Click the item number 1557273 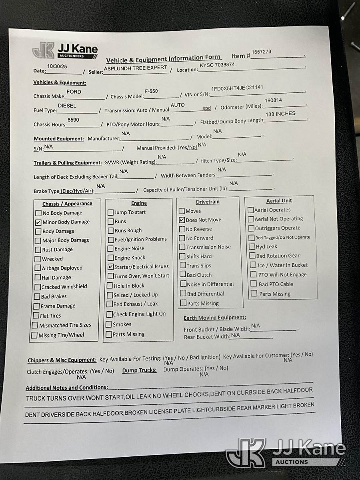262,52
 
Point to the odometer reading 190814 273,100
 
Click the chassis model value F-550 151,91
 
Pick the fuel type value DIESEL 67,106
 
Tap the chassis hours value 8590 73,120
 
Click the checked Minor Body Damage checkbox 38,222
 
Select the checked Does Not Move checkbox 182,220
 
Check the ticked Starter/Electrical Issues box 111,267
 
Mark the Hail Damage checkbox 38,278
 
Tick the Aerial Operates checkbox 251,210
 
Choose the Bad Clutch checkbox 182,275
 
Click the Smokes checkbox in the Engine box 109,325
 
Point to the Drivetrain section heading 208,202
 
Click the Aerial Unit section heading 279,201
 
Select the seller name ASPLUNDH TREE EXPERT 135,68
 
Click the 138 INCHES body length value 280,114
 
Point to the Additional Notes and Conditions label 67,388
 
